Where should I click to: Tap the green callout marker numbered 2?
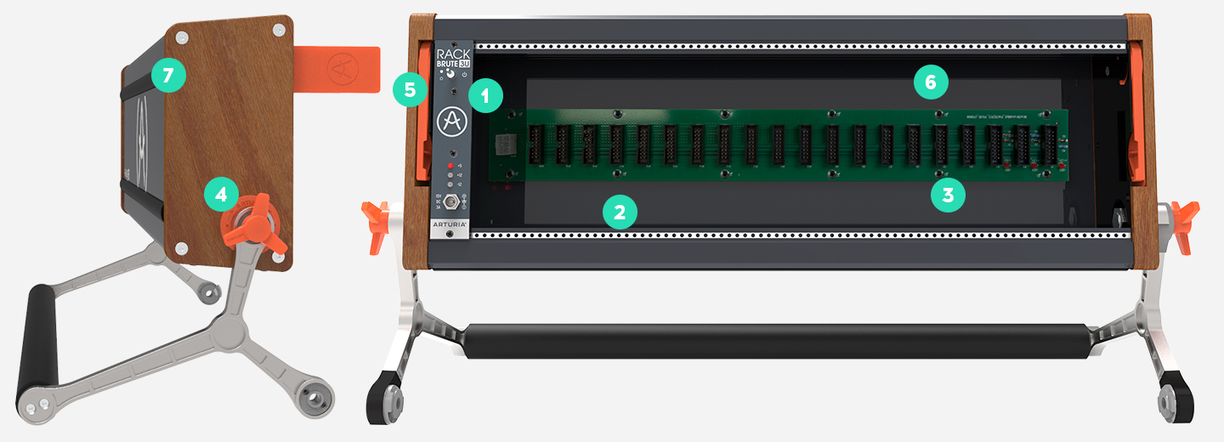620,212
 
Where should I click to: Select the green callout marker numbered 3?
948,195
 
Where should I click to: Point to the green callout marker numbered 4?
221,195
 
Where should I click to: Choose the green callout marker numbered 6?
930,82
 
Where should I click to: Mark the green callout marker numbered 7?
167,76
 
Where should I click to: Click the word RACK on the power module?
452,52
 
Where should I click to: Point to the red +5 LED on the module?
450,165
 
